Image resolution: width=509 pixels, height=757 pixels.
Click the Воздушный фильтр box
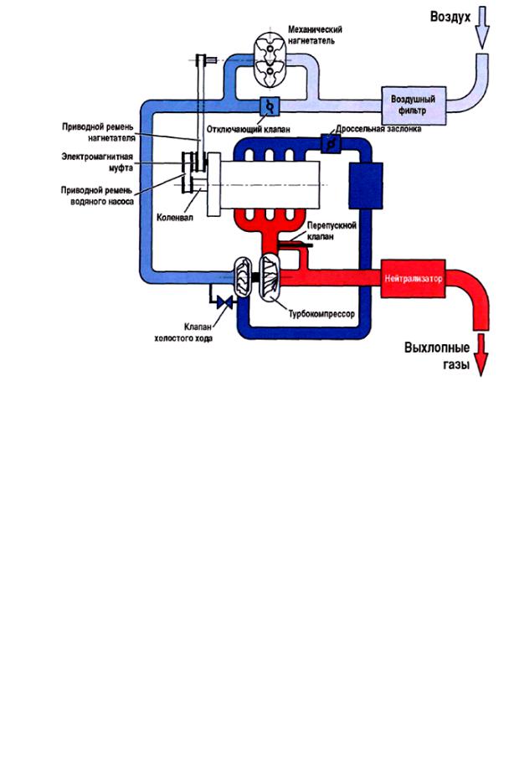click(x=409, y=104)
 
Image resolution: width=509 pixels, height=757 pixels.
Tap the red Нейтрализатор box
click(x=413, y=276)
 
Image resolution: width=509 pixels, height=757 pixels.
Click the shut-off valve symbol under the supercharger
click(x=270, y=106)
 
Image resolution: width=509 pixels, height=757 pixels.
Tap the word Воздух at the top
click(x=450, y=16)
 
